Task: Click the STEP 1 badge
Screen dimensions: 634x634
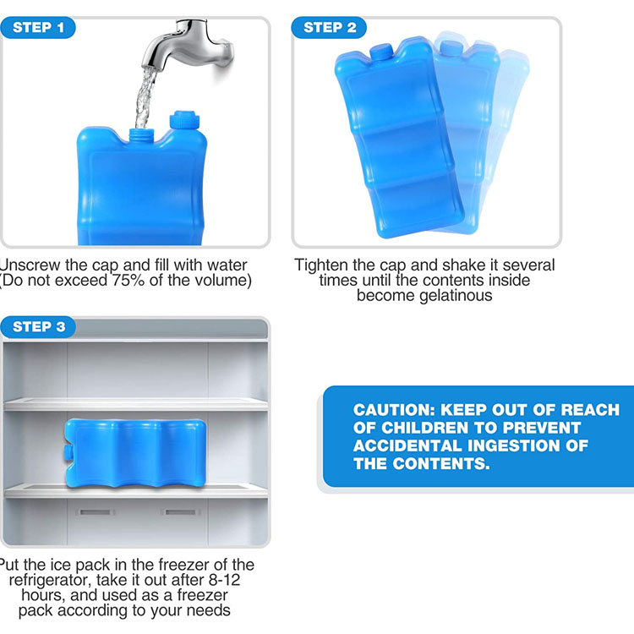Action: click(x=39, y=28)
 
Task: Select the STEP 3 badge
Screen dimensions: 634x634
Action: click(x=39, y=327)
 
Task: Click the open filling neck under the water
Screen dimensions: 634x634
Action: click(x=140, y=133)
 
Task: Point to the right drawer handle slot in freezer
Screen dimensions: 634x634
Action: click(x=176, y=511)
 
